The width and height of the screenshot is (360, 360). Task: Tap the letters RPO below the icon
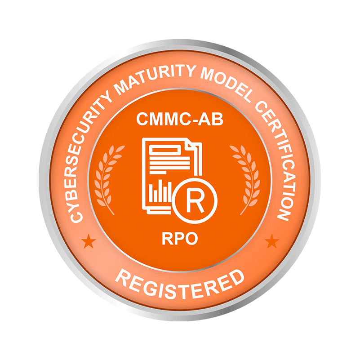point(179,238)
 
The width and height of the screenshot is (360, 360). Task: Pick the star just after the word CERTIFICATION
point(271,242)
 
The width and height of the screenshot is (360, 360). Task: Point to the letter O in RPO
point(191,238)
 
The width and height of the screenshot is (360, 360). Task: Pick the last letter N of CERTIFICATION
point(282,213)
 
